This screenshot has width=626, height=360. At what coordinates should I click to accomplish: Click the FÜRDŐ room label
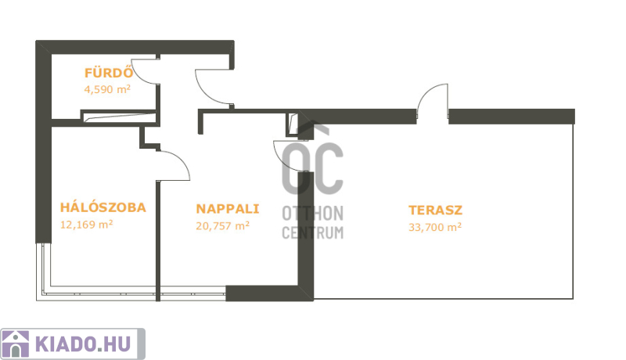tap(108, 73)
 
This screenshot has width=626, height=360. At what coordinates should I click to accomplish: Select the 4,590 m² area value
tap(107, 89)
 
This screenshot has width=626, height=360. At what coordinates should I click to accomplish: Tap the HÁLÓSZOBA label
tap(103, 207)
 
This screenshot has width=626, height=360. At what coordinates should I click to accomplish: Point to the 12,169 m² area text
tap(87, 225)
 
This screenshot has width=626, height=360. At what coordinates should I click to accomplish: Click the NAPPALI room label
tap(228, 209)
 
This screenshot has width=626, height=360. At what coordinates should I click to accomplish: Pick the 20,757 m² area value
tap(223, 226)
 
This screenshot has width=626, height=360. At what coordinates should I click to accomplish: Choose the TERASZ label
tap(436, 210)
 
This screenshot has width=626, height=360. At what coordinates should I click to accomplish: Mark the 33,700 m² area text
tap(435, 227)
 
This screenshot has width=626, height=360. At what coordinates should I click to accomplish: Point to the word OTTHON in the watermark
tap(312, 214)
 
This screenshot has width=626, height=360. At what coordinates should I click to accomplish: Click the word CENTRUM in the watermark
tap(312, 232)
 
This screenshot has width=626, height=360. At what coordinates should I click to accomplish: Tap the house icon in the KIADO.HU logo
tap(16, 344)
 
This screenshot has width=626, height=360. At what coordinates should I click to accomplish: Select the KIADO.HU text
tap(83, 344)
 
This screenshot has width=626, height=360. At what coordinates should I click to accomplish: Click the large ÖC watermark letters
tap(312, 160)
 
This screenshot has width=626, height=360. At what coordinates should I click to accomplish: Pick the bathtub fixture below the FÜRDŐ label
tap(119, 117)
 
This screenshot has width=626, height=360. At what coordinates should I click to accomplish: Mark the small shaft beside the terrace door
tap(293, 124)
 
